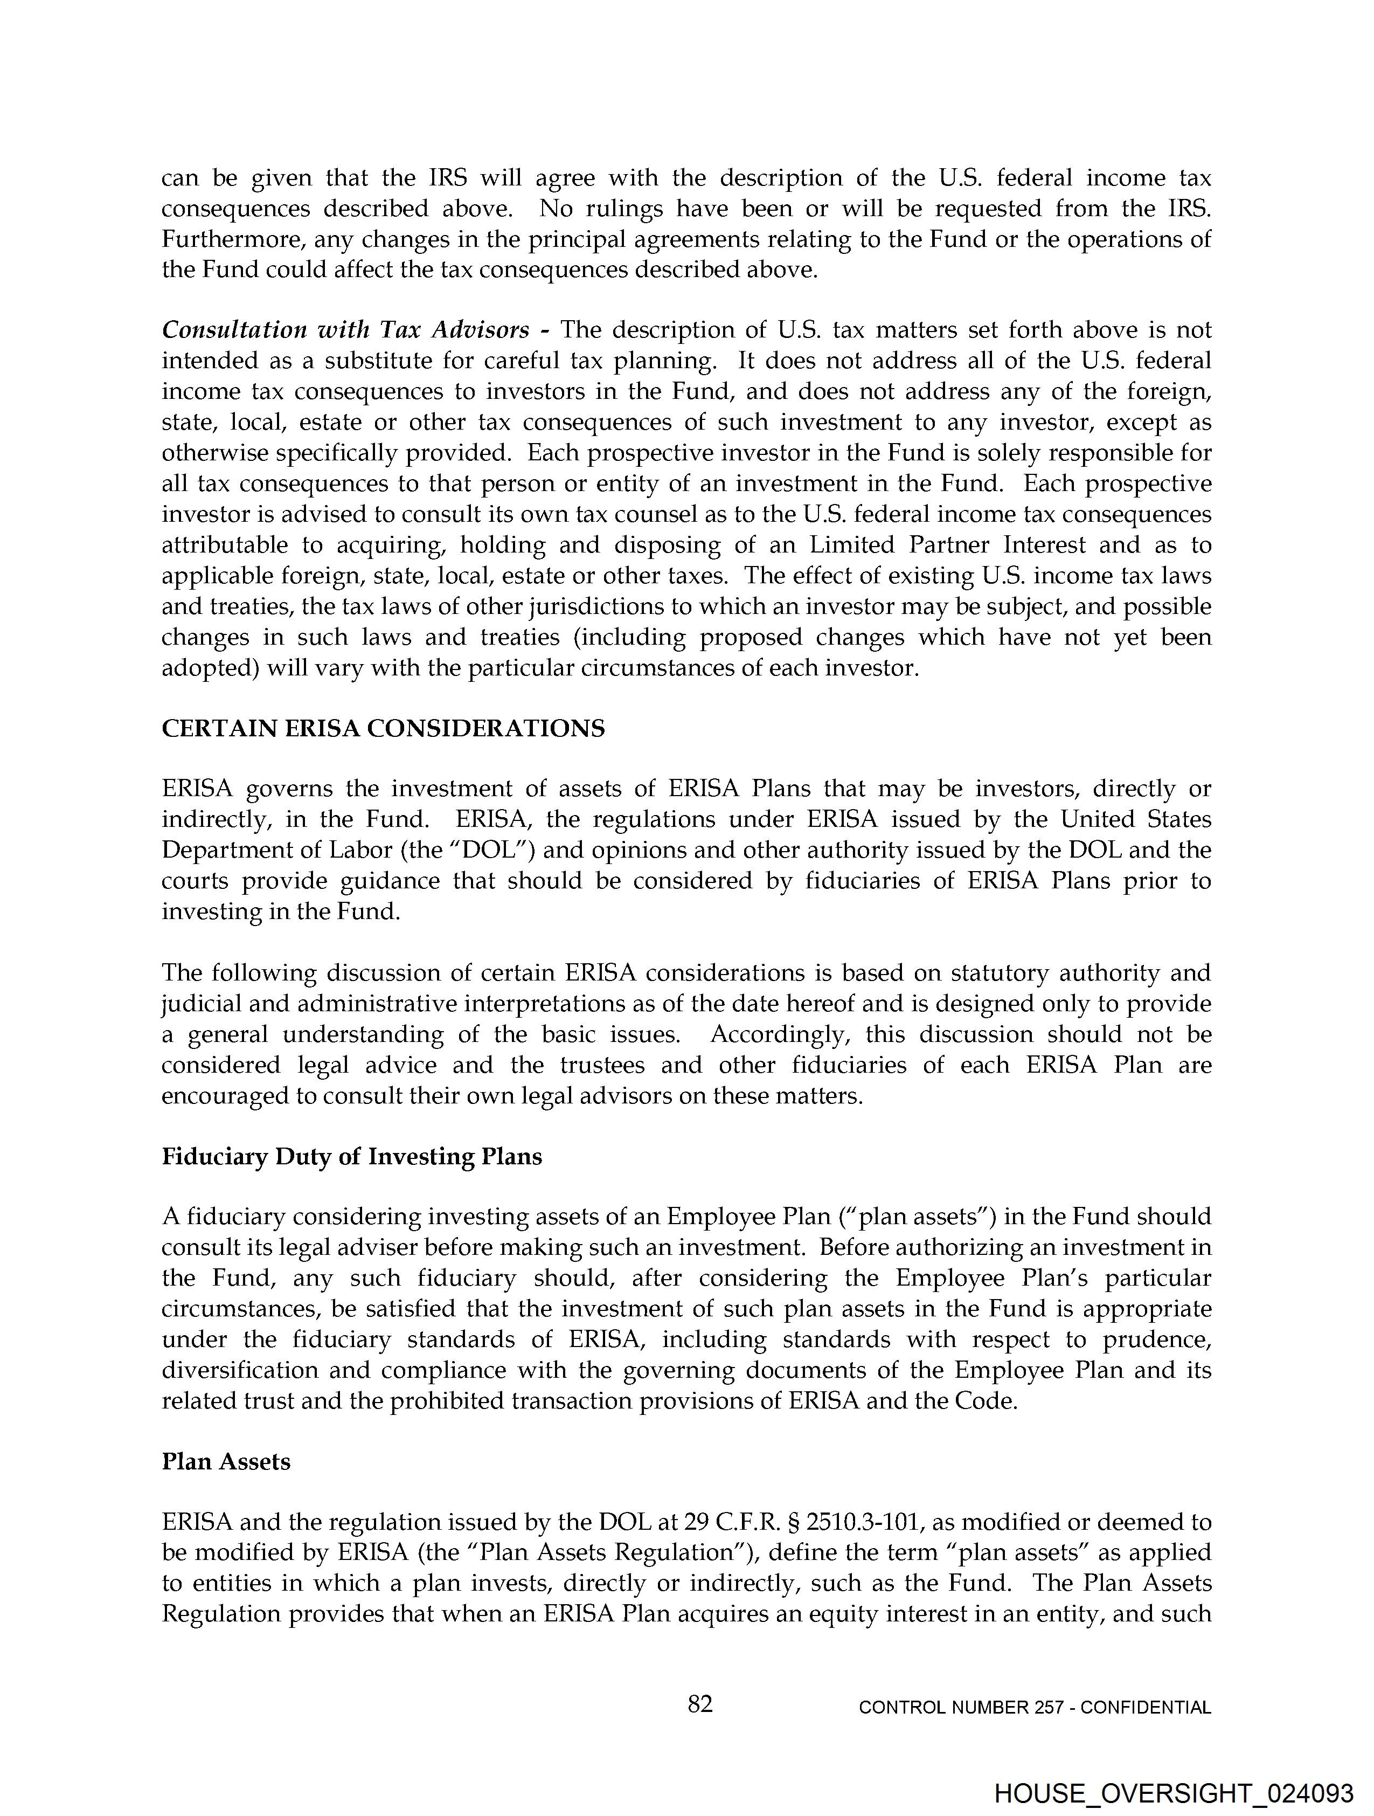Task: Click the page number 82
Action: click(x=699, y=1704)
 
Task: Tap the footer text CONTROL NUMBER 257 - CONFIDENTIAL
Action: click(x=1034, y=1708)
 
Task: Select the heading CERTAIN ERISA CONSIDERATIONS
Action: click(x=383, y=728)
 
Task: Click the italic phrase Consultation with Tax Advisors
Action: click(x=345, y=330)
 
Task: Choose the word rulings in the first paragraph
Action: click(x=624, y=209)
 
